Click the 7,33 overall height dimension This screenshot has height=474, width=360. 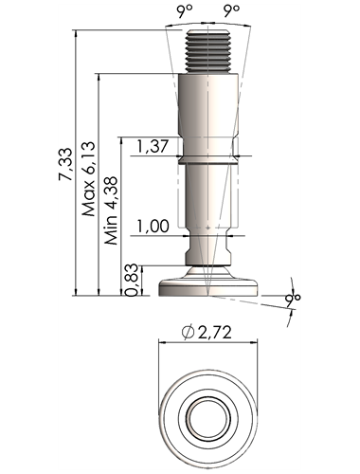tap(66, 164)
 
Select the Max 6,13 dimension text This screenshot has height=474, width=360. tap(89, 179)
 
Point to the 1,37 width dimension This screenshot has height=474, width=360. tap(153, 146)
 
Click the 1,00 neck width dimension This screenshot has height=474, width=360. tap(153, 227)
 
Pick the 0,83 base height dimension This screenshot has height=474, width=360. tap(132, 280)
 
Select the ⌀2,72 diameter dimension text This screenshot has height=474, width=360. tap(207, 333)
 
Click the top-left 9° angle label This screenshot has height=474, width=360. tap(185, 11)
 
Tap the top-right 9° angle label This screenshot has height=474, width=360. tap(231, 11)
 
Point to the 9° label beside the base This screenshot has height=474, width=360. tap(293, 298)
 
